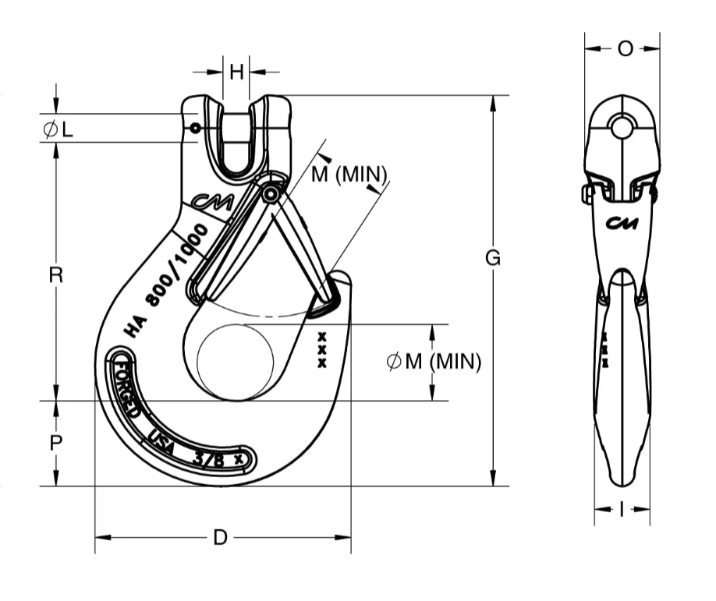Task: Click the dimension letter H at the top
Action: click(236, 72)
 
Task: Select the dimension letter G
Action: click(492, 258)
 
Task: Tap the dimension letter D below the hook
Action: click(221, 537)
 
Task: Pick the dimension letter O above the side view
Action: click(625, 48)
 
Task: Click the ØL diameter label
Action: click(58, 129)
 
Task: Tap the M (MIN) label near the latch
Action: click(348, 174)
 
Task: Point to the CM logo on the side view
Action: click(622, 224)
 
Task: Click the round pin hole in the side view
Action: click(622, 126)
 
